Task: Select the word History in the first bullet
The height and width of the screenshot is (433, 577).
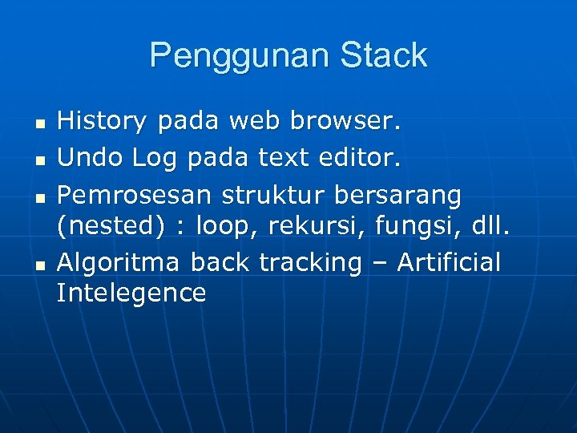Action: tap(103, 122)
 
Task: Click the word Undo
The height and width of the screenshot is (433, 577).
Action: tap(90, 158)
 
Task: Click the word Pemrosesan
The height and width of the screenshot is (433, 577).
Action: tap(135, 194)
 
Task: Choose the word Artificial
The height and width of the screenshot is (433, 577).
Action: tap(448, 261)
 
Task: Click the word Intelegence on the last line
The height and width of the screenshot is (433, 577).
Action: tap(131, 293)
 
